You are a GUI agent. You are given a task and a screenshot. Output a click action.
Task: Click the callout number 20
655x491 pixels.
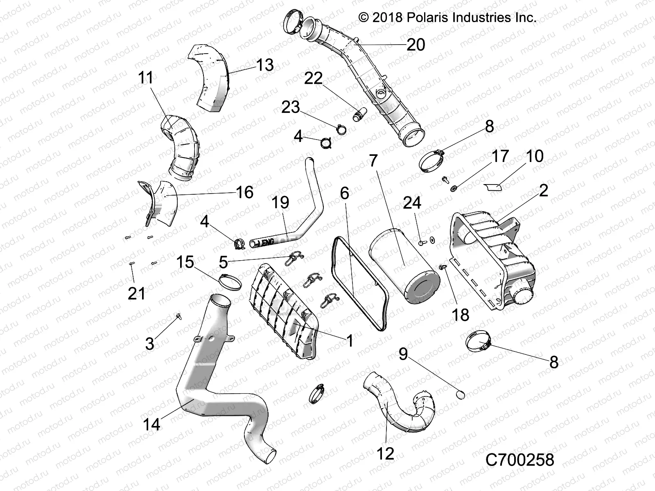pyautogui.click(x=416, y=44)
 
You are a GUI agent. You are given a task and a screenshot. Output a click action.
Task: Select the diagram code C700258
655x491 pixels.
pyautogui.click(x=519, y=460)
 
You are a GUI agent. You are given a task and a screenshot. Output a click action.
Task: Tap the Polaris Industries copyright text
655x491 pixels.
pyautogui.click(x=447, y=17)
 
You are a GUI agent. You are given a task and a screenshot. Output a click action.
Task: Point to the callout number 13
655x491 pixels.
pyautogui.click(x=265, y=65)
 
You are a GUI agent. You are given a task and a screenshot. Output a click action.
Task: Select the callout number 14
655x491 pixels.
pyautogui.click(x=151, y=424)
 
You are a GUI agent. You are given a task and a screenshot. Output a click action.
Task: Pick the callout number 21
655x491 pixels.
pyautogui.click(x=136, y=293)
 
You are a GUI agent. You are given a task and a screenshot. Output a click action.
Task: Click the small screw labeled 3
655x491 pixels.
pyautogui.click(x=179, y=316)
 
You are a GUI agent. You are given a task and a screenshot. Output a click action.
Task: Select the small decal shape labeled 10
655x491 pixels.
pyautogui.click(x=493, y=187)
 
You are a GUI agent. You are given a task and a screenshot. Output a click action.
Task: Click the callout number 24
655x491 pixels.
pyautogui.click(x=412, y=203)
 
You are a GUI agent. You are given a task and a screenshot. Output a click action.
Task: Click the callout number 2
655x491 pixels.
pyautogui.click(x=543, y=191)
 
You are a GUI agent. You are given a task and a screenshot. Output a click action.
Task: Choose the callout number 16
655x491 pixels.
pyautogui.click(x=244, y=192)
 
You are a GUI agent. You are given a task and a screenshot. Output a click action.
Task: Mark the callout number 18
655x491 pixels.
pyautogui.click(x=460, y=315)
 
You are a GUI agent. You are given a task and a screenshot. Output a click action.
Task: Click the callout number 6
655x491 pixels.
pyautogui.click(x=345, y=193)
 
